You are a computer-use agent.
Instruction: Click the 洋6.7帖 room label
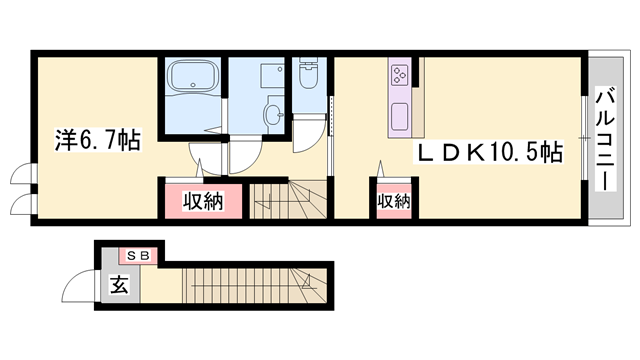pyautogui.click(x=96, y=140)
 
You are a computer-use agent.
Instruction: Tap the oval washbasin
pyautogui.click(x=271, y=115)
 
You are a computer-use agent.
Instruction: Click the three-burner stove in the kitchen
pyautogui.click(x=399, y=74)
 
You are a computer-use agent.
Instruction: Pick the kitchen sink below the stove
pyautogui.click(x=400, y=112)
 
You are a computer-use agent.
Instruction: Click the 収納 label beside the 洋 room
pyautogui.click(x=202, y=200)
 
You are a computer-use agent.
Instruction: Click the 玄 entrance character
pyautogui.click(x=119, y=285)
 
